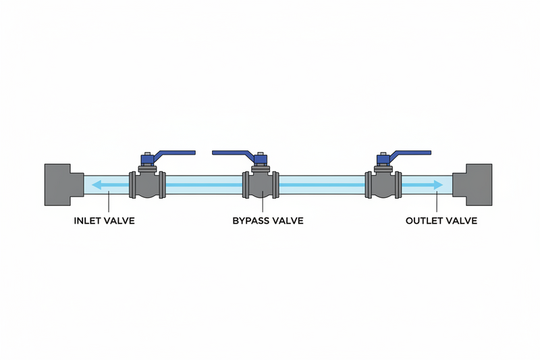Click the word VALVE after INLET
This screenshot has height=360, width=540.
tap(118, 221)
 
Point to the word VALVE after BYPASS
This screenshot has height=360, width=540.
tap(287, 221)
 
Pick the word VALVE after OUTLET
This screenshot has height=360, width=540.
tap(461, 221)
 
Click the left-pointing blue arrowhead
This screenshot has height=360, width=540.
tap(98, 184)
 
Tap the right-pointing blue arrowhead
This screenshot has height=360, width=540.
tap(439, 184)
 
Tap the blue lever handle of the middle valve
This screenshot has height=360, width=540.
tap(233, 153)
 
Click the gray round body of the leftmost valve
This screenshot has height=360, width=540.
tap(146, 186)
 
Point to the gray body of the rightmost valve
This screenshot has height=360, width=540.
tap(383, 186)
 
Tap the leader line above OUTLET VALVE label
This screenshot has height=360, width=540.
tap(438, 203)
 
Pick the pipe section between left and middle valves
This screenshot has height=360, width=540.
tap(202, 184)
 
